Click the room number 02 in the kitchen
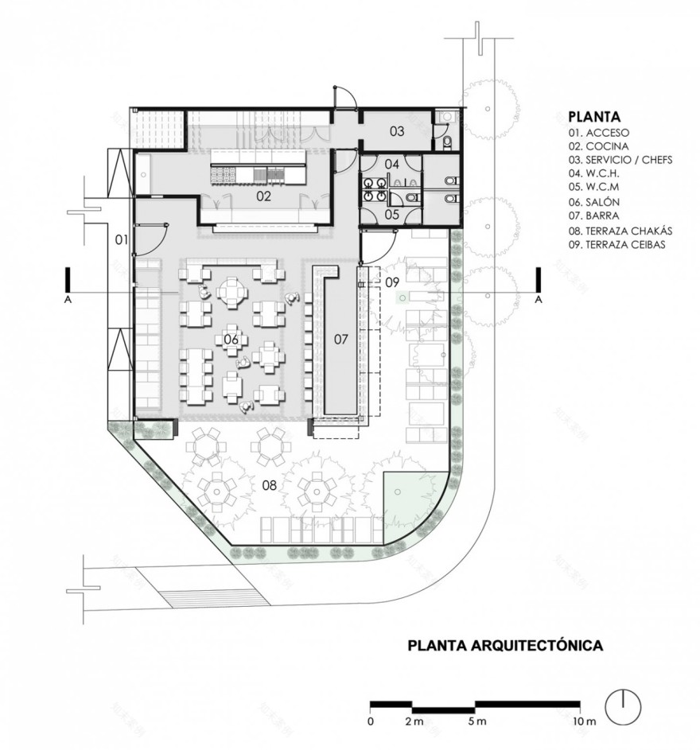pyautogui.click(x=263, y=196)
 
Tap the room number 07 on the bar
pyautogui.click(x=340, y=340)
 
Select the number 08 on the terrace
pyautogui.click(x=270, y=485)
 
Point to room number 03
pyautogui.click(x=397, y=131)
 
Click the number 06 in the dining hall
pyautogui.click(x=231, y=340)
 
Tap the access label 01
pyautogui.click(x=122, y=239)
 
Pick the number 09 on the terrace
pyautogui.click(x=392, y=282)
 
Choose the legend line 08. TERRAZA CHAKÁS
pyautogui.click(x=620, y=231)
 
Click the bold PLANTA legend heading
pyautogui.click(x=594, y=117)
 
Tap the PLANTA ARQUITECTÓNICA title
pyautogui.click(x=505, y=645)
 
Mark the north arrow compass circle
pyautogui.click(x=623, y=705)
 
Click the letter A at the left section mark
pyautogui.click(x=68, y=300)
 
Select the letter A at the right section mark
pyautogui.click(x=539, y=300)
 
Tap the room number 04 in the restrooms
pyautogui.click(x=392, y=164)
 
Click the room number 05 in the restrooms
pyautogui.click(x=392, y=214)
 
